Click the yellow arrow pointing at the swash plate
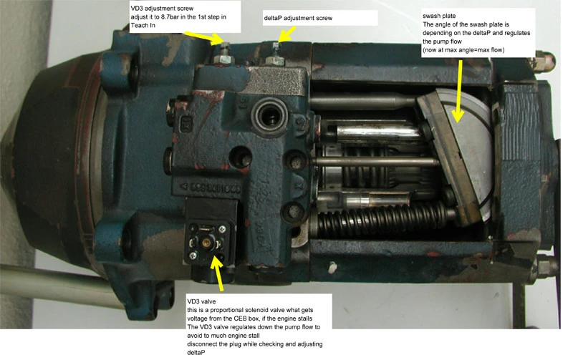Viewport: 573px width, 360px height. [x=458, y=92]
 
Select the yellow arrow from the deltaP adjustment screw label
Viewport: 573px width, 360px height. [x=286, y=34]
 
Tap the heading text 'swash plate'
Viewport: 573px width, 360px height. [x=439, y=16]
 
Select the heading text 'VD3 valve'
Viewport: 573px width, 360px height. [x=201, y=301]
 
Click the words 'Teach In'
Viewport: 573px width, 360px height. [x=143, y=25]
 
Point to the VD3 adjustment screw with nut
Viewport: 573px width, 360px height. [x=225, y=54]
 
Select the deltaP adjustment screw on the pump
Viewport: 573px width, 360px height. [x=275, y=55]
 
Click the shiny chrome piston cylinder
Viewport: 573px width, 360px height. [x=377, y=133]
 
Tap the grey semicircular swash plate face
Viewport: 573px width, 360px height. [x=468, y=153]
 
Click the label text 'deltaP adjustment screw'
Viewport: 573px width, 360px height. [x=298, y=18]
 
